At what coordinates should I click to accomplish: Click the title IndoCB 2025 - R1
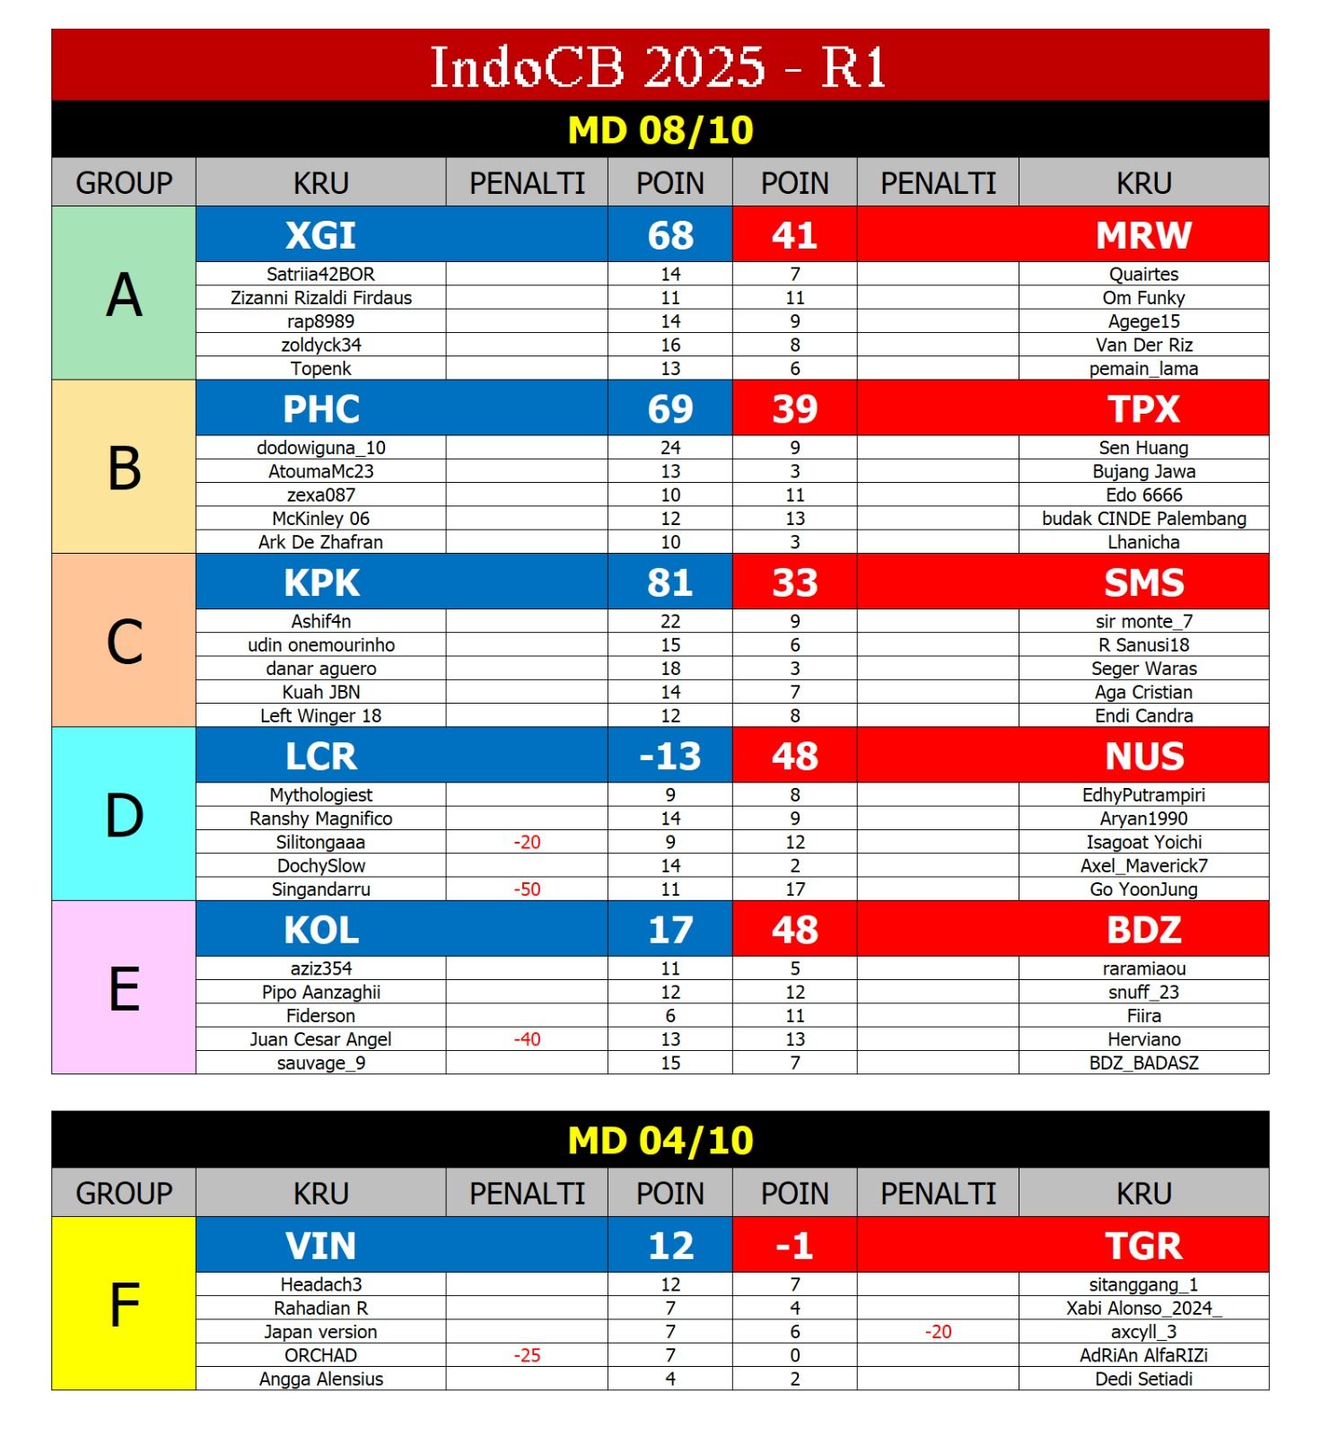point(660,66)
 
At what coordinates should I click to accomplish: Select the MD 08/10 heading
point(660,130)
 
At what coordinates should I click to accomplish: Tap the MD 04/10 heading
point(660,1141)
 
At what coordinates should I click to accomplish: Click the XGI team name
point(320,235)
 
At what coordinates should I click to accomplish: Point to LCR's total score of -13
point(669,756)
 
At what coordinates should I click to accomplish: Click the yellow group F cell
point(124,1304)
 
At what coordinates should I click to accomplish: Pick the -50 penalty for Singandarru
point(527,889)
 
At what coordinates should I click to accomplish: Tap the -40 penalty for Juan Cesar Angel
point(527,1039)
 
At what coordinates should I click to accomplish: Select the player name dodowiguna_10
point(320,448)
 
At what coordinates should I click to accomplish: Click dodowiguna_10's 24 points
point(669,448)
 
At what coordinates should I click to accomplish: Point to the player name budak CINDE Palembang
point(1143,519)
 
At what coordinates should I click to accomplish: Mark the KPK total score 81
point(669,582)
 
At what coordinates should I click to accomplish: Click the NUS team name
point(1143,756)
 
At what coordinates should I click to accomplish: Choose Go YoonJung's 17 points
point(794,889)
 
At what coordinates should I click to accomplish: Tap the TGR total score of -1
point(794,1246)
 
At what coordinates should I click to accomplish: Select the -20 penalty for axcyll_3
point(938,1332)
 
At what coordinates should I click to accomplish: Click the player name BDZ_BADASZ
point(1143,1063)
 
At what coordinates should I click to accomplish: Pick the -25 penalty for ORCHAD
point(527,1355)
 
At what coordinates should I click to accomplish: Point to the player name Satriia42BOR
point(320,275)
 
